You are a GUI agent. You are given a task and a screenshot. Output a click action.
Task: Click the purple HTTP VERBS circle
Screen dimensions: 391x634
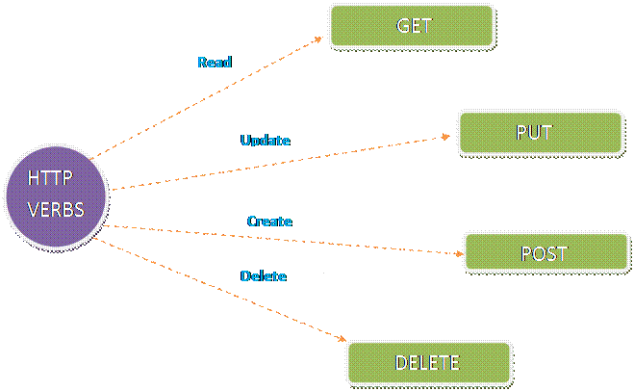[x=55, y=196]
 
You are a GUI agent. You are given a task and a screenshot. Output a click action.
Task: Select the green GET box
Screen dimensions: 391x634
[x=412, y=26]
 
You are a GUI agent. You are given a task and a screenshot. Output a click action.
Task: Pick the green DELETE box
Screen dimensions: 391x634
[x=428, y=362]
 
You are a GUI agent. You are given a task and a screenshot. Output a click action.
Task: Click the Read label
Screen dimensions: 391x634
[x=214, y=63]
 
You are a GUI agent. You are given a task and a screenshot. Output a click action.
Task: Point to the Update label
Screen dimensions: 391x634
[x=266, y=141]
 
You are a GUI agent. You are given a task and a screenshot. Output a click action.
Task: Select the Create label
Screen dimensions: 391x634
[x=269, y=222]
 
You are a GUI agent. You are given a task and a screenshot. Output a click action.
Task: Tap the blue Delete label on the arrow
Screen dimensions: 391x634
[x=264, y=276]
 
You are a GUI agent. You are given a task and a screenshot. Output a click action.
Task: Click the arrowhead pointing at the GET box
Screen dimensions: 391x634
[x=318, y=39]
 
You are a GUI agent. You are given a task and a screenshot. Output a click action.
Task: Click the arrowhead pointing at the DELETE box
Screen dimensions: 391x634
[x=341, y=337]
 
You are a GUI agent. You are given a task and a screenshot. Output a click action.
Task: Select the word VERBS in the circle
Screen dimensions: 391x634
[x=55, y=209]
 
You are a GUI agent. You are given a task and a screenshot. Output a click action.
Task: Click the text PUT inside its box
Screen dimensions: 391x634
[x=534, y=133]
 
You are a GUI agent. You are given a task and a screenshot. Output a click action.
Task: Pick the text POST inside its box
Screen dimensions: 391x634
[x=545, y=253]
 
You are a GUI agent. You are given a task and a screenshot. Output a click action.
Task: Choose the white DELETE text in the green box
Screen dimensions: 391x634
[x=428, y=363]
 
